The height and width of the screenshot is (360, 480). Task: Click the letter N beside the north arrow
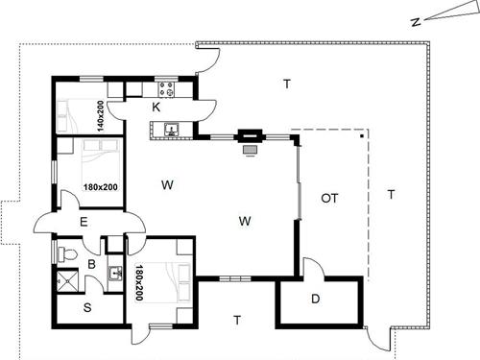pos(412,20)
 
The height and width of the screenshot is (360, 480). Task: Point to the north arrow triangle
pos(444,13)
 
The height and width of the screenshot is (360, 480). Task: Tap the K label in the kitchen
pos(156,107)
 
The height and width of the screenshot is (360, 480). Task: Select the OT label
pos(330,199)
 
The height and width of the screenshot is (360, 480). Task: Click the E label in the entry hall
pos(84,223)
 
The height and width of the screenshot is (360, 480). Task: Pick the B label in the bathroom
pos(92,263)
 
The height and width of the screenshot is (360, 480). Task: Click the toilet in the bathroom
pos(66,254)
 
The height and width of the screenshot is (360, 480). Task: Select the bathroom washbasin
pos(115,273)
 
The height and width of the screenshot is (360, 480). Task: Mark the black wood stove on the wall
pos(252,137)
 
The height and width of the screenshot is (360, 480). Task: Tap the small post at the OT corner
pos(363,137)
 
